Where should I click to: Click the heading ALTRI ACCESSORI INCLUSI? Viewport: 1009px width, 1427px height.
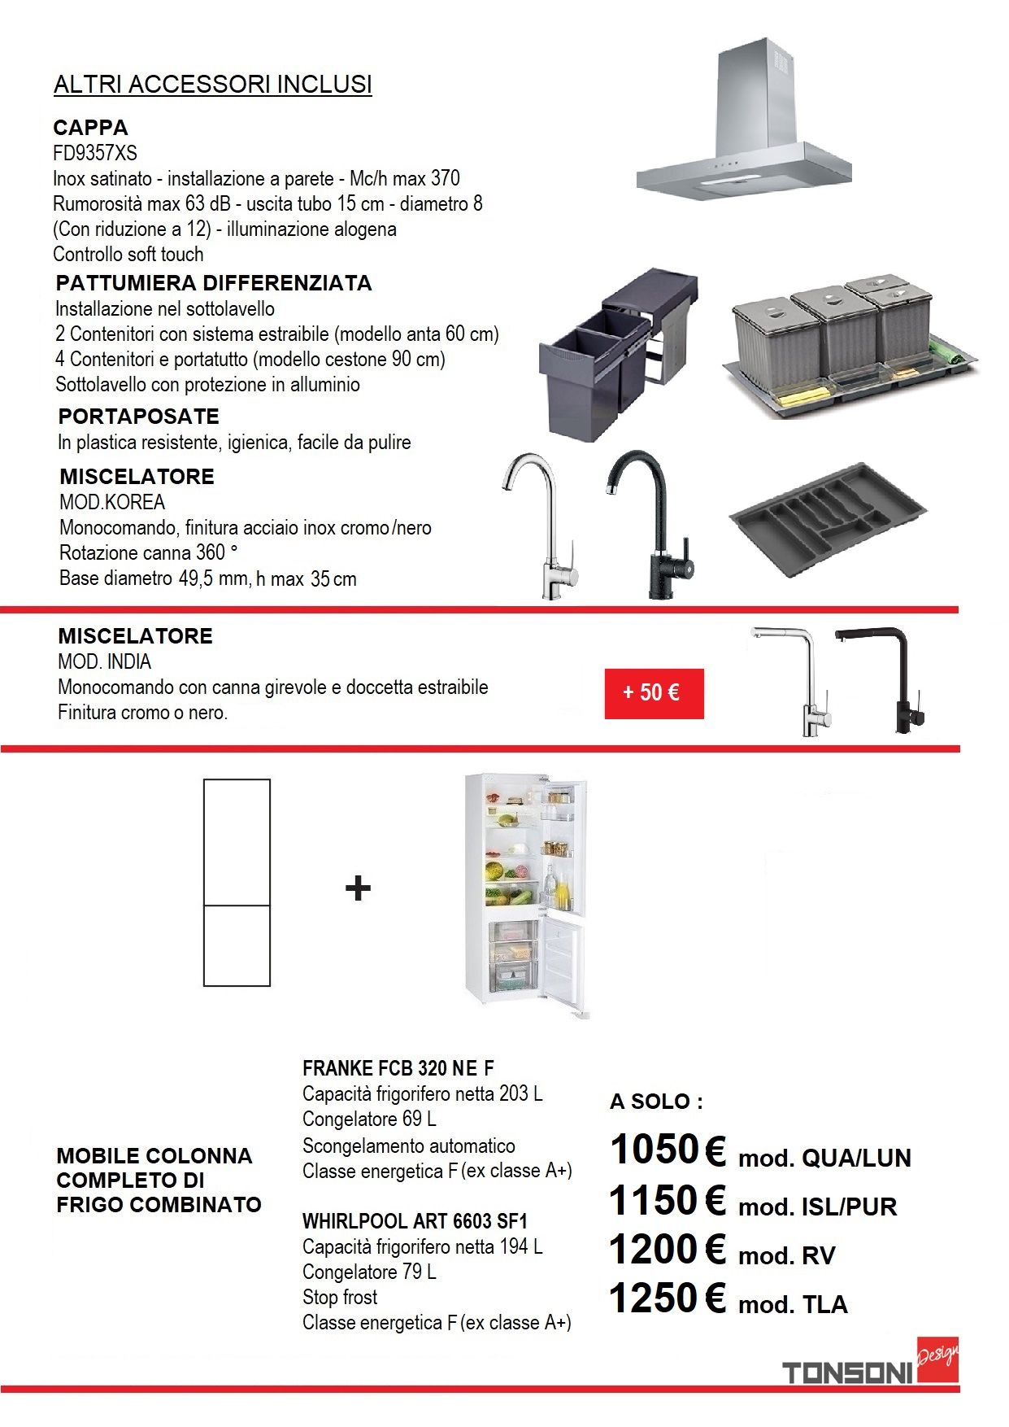(213, 85)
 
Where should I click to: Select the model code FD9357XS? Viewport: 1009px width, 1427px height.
(95, 153)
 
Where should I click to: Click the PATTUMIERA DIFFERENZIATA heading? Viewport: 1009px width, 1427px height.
(214, 283)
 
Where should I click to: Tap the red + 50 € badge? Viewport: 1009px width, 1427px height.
(654, 693)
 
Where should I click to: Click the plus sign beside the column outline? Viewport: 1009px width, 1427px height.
(358, 888)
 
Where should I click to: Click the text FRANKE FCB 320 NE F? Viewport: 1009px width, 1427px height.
(398, 1068)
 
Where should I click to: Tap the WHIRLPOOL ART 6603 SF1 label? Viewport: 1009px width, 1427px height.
(415, 1221)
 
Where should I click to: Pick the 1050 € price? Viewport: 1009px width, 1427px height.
(668, 1150)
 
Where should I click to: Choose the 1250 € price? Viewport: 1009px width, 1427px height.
(668, 1298)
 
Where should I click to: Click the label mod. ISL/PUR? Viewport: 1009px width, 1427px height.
(817, 1207)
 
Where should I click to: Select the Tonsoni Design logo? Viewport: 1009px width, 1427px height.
(870, 1367)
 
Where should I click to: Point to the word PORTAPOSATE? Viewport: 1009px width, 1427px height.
(139, 417)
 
